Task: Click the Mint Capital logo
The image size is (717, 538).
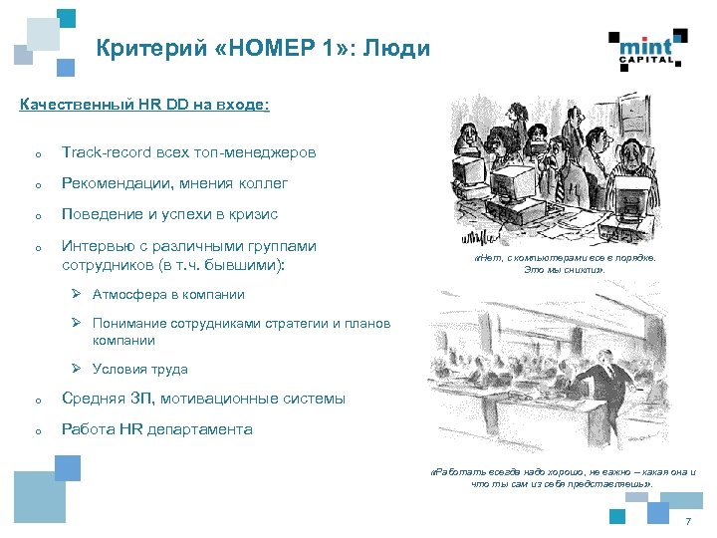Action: pos(648,47)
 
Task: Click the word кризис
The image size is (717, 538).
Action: pos(253,214)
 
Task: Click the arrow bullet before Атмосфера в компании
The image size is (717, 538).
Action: pos(76,294)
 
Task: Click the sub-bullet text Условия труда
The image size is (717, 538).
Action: pos(139,369)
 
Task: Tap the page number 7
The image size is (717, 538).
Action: pos(687,523)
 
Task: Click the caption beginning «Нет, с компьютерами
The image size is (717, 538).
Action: pos(565,263)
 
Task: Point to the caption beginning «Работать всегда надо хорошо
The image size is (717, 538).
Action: pos(565,477)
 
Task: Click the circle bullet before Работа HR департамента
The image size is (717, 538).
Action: pos(36,430)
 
